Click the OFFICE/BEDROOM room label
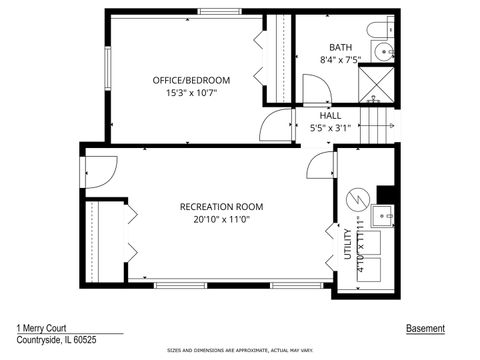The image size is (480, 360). click(191, 80)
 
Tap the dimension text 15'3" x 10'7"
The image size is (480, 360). click(191, 92)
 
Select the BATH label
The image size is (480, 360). click(341, 47)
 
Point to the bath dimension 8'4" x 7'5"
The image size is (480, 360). click(341, 60)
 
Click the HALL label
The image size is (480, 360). click(330, 115)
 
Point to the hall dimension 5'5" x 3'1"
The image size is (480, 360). click(330, 127)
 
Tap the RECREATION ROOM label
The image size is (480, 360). click(220, 207)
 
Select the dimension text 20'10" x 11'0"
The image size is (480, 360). click(220, 219)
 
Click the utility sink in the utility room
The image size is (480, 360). click(382, 215)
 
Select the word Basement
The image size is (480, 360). click(425, 328)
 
